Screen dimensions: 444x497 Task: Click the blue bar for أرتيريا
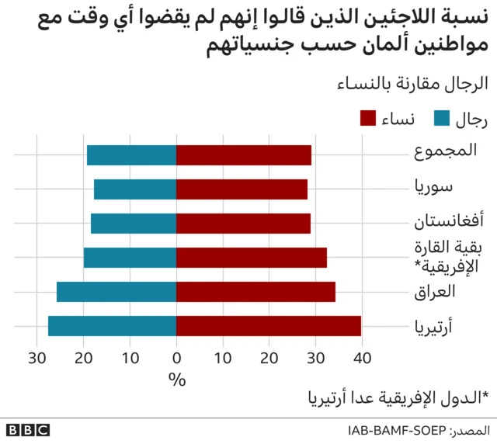point(112,326)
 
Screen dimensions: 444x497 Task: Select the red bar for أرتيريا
point(269,326)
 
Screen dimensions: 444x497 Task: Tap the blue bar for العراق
point(116,292)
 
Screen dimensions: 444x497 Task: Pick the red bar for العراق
point(255,292)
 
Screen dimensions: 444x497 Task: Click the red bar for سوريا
point(242,189)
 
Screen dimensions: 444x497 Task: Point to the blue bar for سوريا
point(135,189)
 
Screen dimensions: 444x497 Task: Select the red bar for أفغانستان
point(243,224)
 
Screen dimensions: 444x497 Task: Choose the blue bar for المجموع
point(131,155)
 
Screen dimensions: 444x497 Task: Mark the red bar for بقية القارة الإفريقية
point(252,258)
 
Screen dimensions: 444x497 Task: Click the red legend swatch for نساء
point(368,119)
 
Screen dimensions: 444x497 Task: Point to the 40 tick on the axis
point(361,358)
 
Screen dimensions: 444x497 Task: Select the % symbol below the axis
point(177,380)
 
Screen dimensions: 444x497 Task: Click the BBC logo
point(28,429)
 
